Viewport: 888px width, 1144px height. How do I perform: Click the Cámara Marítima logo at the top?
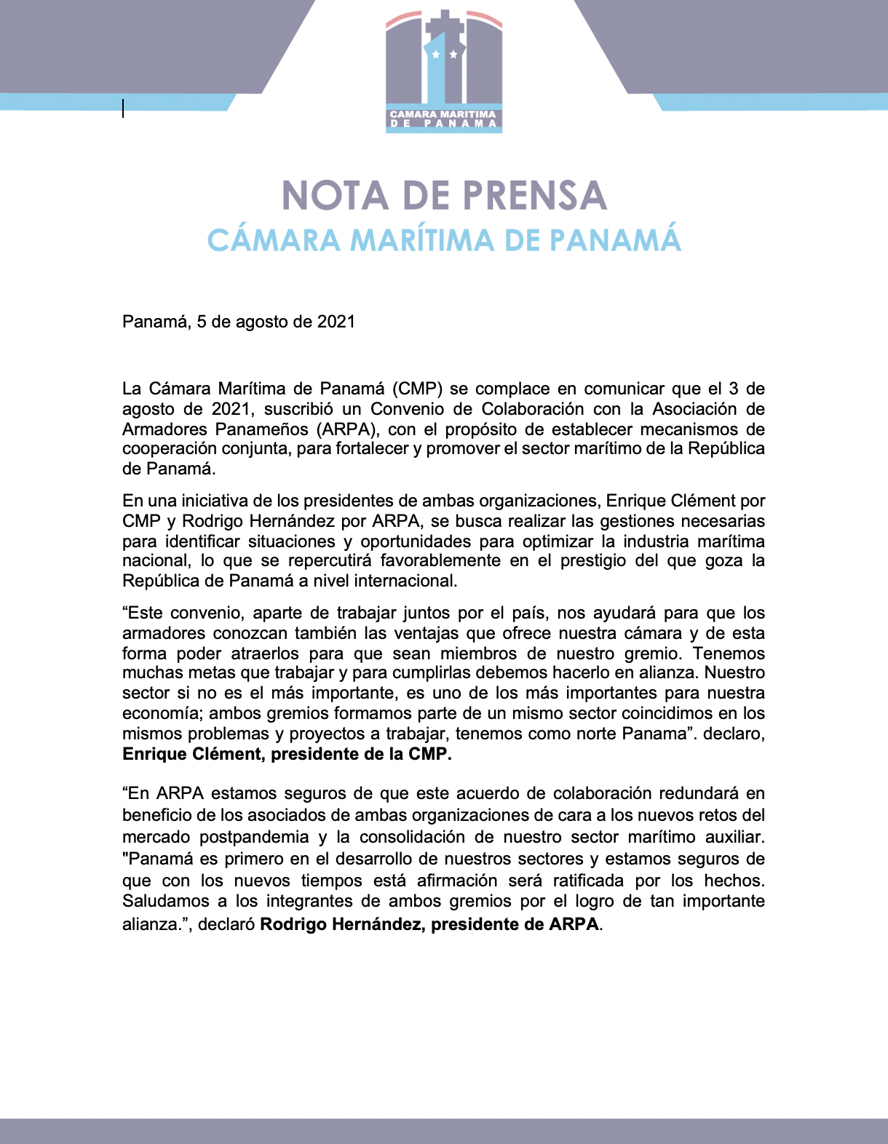tap(444, 71)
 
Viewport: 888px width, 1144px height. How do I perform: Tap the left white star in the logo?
tap(435, 55)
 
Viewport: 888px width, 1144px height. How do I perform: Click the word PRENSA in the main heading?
tap(534, 196)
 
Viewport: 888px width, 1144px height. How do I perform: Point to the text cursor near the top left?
tap(123, 108)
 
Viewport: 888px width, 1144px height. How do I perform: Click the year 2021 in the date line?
tap(336, 322)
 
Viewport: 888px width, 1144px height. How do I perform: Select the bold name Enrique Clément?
tap(192, 754)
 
